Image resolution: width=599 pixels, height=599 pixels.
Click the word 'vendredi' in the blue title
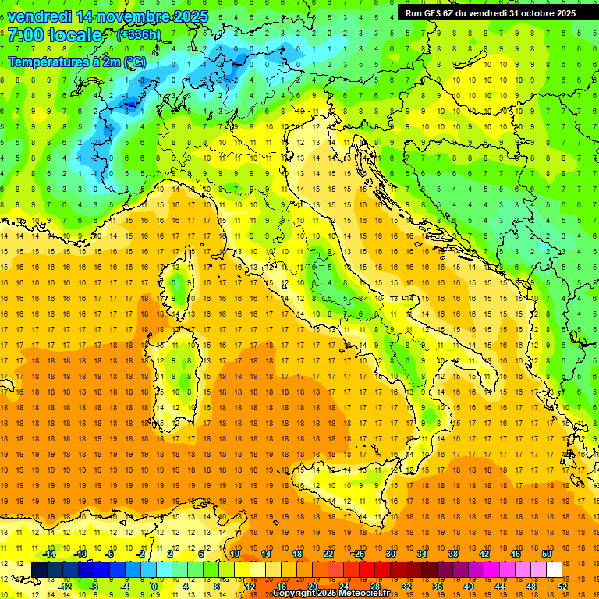[40, 16]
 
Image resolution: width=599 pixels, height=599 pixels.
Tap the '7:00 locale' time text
[55, 35]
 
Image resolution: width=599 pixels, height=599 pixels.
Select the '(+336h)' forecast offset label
[139, 35]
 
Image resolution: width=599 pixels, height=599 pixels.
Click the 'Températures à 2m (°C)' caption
[76, 62]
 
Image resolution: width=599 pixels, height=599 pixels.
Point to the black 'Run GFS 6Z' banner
[490, 12]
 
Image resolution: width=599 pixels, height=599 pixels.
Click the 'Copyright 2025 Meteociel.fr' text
[336, 594]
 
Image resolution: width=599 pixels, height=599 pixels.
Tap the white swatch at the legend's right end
[554, 569]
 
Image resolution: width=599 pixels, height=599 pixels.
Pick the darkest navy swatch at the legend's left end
[39, 569]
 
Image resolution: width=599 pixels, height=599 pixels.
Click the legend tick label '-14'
[48, 554]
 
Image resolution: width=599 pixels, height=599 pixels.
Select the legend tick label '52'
[562, 586]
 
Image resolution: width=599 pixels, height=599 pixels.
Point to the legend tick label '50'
[547, 554]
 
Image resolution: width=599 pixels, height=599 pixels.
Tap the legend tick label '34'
[422, 554]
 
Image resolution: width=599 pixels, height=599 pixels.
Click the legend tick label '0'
[154, 586]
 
